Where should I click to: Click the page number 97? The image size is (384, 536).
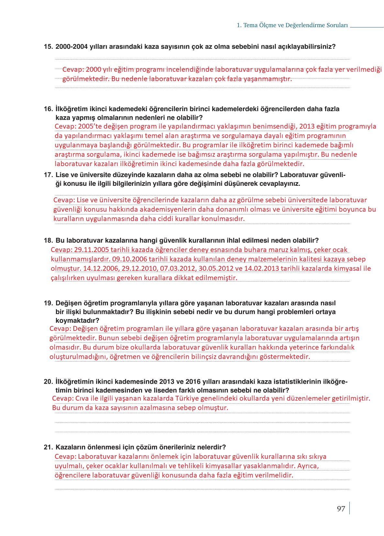pos(341,509)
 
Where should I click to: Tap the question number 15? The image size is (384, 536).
pos(48,47)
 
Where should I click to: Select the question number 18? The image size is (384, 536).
pos(48,240)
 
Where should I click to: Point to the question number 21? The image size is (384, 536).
pos(48,447)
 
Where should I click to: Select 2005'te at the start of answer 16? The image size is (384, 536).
pos(90,126)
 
